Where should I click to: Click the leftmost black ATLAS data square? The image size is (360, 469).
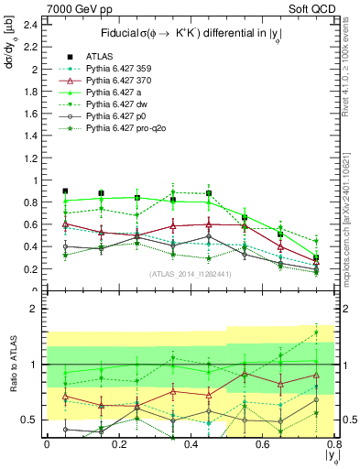tap(65, 191)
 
